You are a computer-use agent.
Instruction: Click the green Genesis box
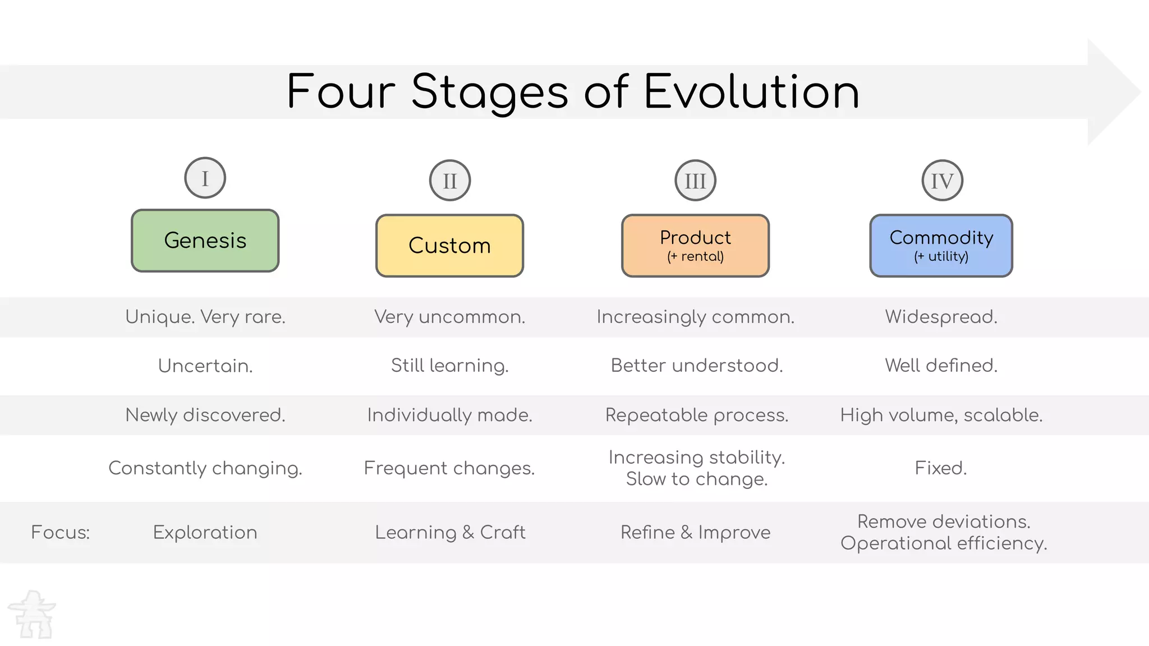click(205, 241)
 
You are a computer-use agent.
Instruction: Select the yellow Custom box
click(449, 246)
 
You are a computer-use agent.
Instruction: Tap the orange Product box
click(695, 246)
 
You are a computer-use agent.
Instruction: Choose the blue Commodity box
click(941, 246)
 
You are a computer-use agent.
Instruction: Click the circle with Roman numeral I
click(205, 178)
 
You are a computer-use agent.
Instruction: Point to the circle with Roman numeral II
click(449, 181)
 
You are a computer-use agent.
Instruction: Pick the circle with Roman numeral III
click(695, 181)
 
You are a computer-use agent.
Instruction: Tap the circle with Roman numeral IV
click(942, 181)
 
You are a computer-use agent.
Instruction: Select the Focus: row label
click(60, 532)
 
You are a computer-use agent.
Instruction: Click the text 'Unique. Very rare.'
click(205, 317)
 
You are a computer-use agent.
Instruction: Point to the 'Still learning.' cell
click(449, 366)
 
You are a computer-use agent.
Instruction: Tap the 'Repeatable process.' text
click(696, 415)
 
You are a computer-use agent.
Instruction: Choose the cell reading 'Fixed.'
click(941, 468)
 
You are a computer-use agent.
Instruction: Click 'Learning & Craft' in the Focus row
click(450, 532)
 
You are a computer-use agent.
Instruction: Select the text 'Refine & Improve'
click(695, 532)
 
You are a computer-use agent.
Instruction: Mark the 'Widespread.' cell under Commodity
click(941, 317)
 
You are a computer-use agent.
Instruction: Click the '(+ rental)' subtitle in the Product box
click(695, 257)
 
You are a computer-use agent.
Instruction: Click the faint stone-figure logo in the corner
click(33, 615)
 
